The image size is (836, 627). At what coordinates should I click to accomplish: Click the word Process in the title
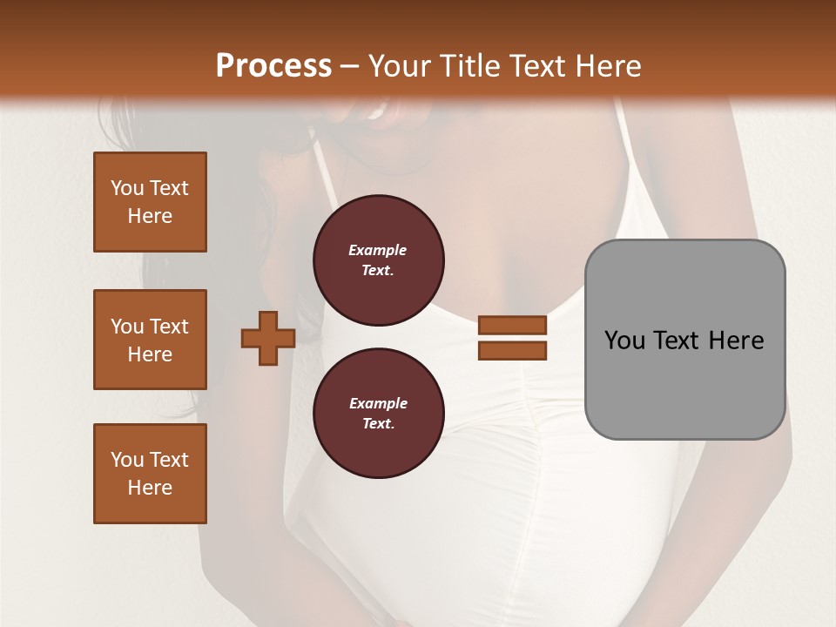coord(273,66)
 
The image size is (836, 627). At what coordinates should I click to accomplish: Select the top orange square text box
coord(150,202)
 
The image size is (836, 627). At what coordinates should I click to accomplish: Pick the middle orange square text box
coord(150,340)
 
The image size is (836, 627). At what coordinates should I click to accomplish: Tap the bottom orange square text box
coord(150,474)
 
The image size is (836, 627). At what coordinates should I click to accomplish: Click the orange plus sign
coord(268,339)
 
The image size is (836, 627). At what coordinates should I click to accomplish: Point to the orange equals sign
coord(512,338)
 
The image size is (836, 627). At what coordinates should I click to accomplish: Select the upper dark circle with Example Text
coord(378,260)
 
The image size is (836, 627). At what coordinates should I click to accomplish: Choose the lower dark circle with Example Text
coord(378,413)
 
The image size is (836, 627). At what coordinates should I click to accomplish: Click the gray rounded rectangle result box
coord(684,340)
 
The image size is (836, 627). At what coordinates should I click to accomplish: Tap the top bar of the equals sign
coord(512,326)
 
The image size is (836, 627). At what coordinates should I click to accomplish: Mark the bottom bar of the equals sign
coord(512,350)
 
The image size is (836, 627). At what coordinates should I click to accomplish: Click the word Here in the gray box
coord(736,340)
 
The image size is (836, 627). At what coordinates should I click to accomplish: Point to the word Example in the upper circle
coord(378,250)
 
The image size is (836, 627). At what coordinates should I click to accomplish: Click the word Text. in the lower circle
coord(378,424)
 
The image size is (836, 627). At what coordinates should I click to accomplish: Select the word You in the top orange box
coord(127,188)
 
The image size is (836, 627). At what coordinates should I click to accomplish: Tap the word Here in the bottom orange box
coord(150,488)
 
